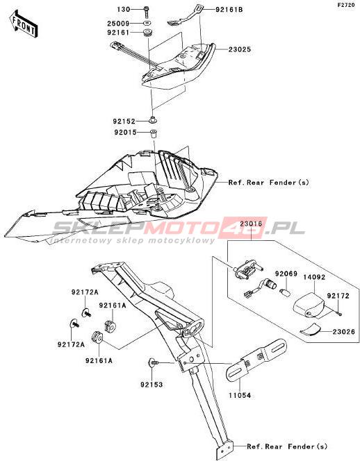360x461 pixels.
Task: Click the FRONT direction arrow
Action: pyautogui.click(x=23, y=24)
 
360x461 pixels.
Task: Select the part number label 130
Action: pyautogui.click(x=124, y=10)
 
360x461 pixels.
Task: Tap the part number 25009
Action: pyautogui.click(x=118, y=23)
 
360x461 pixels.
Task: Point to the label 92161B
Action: pyautogui.click(x=229, y=10)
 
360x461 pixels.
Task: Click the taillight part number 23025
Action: pyautogui.click(x=240, y=49)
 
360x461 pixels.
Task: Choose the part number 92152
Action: pyautogui.click(x=124, y=121)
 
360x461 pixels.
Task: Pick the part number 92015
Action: pyautogui.click(x=126, y=133)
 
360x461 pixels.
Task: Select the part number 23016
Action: pyautogui.click(x=251, y=224)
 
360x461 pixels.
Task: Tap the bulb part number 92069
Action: pyautogui.click(x=286, y=274)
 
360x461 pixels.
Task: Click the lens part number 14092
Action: pyautogui.click(x=314, y=277)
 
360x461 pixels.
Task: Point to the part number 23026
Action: pyautogui.click(x=344, y=332)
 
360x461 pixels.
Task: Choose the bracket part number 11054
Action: pyautogui.click(x=240, y=396)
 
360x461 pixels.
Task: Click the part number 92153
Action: pyautogui.click(x=152, y=385)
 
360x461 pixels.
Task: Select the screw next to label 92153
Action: pyautogui.click(x=153, y=363)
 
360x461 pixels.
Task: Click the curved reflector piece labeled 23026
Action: pyautogui.click(x=311, y=329)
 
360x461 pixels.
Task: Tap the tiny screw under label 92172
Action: pyautogui.click(x=340, y=314)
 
